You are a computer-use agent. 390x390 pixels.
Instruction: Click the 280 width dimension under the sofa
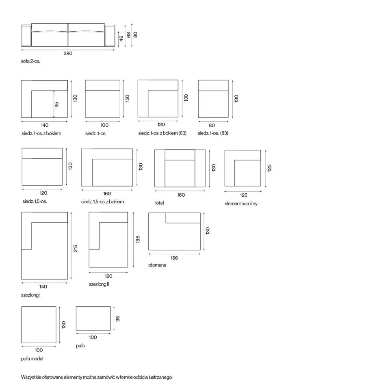68,54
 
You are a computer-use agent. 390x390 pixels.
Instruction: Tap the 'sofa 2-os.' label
30,61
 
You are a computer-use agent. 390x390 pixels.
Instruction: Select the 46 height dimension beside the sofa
121,38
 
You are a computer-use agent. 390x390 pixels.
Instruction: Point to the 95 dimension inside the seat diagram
57,105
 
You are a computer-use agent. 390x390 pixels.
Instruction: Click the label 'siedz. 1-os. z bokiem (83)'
162,133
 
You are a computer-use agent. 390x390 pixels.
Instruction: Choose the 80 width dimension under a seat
212,126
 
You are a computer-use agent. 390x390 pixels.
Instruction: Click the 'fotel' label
159,203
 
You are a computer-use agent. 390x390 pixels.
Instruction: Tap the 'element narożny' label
241,204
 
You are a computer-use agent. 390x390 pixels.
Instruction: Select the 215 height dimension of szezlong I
76,248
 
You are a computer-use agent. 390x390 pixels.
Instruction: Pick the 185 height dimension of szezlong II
138,239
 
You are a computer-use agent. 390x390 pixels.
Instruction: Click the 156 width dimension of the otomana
174,258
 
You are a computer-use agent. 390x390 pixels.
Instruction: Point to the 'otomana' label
157,265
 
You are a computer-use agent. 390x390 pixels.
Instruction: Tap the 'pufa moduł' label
32,359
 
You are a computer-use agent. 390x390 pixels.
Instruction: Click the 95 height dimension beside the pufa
118,319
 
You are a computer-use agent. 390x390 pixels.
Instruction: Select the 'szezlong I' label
31,295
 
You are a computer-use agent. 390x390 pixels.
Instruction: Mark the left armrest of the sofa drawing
26,36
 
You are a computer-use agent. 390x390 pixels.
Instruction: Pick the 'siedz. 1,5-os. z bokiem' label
102,202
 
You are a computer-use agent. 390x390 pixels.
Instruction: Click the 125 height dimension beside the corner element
269,168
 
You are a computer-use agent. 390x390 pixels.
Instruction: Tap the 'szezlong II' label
99,284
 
